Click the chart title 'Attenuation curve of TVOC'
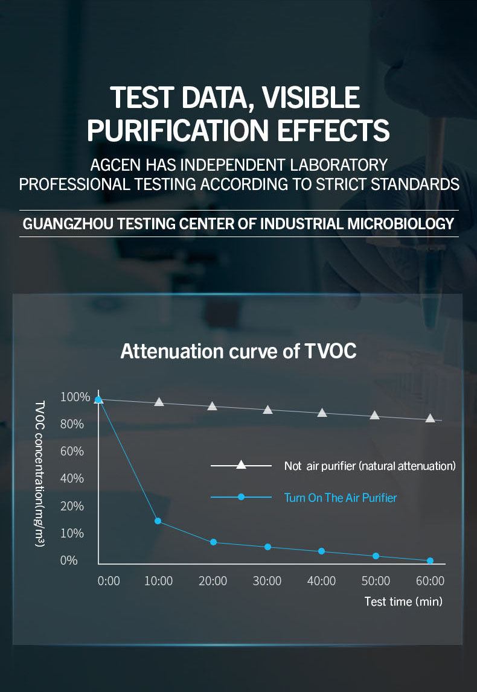pos(238,351)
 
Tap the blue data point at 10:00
pos(158,521)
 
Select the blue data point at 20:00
pos(213,542)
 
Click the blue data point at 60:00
pos(431,560)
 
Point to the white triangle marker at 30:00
pos(267,410)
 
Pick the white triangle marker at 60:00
pos(431,418)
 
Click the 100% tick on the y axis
pos(75,397)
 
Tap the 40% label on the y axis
pos(72,478)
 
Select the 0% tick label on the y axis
pos(69,560)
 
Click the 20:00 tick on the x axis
pos(213,581)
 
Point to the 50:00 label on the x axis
pos(376,581)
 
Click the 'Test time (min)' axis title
pos(403,602)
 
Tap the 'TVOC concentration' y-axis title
pos(39,474)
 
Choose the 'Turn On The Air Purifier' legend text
pos(341,498)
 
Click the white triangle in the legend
pos(241,465)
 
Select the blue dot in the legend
pos(241,497)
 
